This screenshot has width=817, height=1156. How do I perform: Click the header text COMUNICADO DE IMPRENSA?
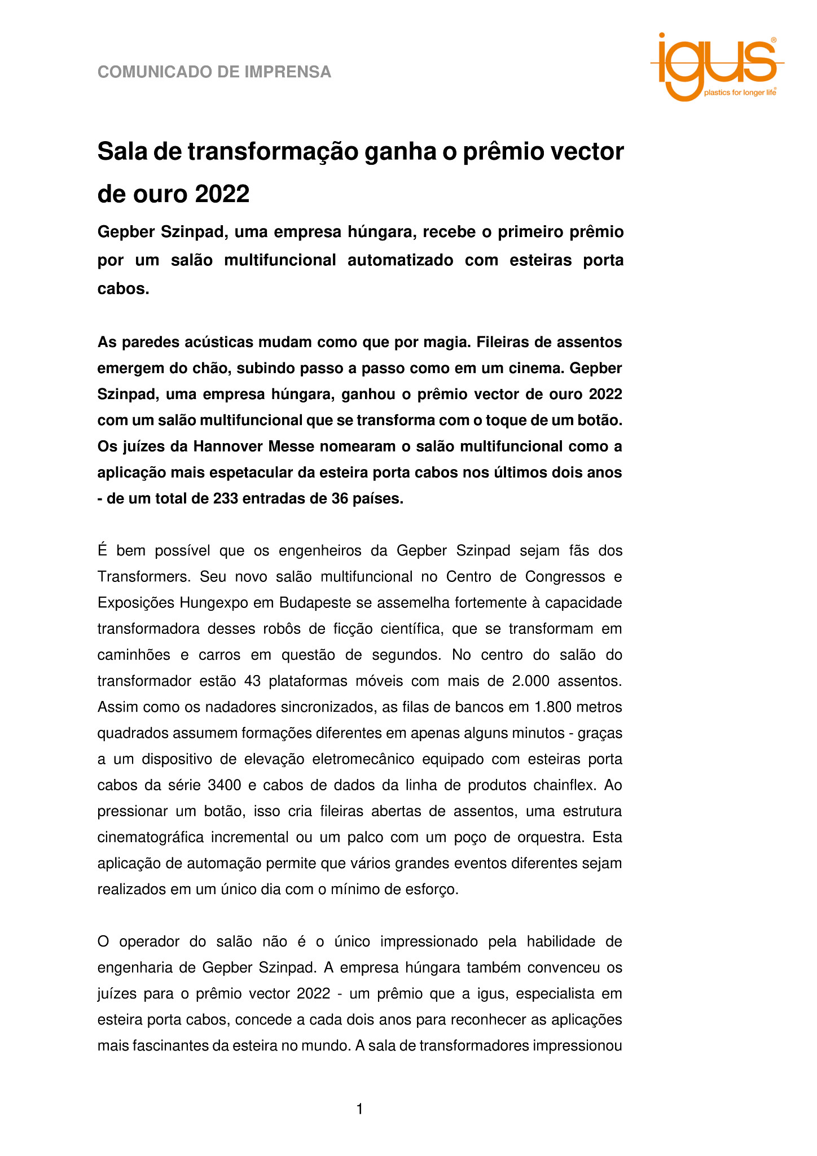214,72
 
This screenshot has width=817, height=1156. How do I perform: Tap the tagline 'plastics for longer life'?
740,93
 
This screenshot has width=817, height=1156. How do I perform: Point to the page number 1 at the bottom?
360,1109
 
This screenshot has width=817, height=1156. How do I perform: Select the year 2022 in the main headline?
222,194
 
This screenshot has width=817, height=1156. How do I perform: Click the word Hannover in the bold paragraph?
228,446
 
